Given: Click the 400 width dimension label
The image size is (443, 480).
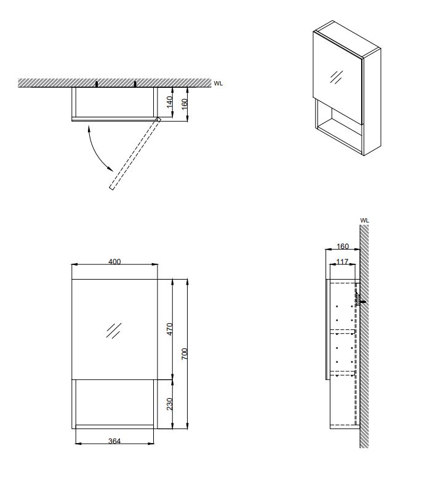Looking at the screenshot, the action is pos(114,262).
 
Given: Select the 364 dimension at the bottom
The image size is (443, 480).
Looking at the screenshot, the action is pos(114,441).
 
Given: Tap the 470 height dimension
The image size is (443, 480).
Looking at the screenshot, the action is pos(170,329).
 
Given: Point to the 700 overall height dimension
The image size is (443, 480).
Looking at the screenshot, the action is pos(184,354).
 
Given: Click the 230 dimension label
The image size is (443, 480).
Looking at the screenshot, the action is pos(170,404).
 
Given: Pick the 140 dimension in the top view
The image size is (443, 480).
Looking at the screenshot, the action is pos(169,102).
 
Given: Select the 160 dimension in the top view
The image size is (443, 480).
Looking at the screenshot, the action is pos(184,104).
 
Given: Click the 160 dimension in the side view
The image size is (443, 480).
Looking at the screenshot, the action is pos(343,246).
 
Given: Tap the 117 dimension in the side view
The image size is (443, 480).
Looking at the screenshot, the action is pos(342,262).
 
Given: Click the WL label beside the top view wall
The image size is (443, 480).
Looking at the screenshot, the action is pos(218,83).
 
